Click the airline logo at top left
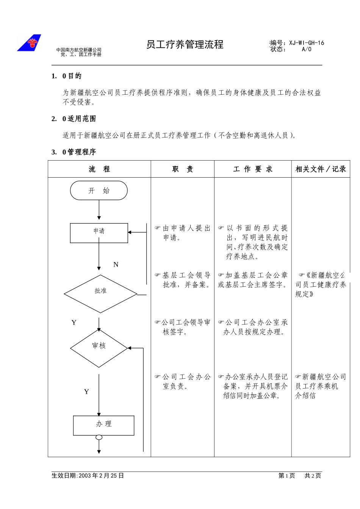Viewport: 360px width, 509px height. pyautogui.click(x=29, y=43)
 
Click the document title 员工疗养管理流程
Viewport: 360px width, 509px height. pyautogui.click(x=185, y=45)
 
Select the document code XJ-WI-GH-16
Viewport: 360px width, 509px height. pyautogui.click(x=307, y=43)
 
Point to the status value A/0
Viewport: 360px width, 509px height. pyautogui.click(x=307, y=49)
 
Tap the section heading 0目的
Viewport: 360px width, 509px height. pyautogui.click(x=72, y=76)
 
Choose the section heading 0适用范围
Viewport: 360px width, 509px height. pyautogui.click(x=79, y=119)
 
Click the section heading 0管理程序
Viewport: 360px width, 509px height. pyautogui.click(x=79, y=152)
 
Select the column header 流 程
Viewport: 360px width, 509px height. pyautogui.click(x=99, y=169)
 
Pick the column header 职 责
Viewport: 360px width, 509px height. pyautogui.click(x=183, y=169)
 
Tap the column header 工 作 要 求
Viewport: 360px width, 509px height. pyautogui.click(x=253, y=169)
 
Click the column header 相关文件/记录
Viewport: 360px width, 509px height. pyautogui.click(x=321, y=169)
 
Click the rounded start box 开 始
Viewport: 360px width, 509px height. pyautogui.click(x=99, y=190)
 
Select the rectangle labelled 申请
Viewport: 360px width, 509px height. pyautogui.click(x=99, y=233)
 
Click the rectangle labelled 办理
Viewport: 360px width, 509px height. pyautogui.click(x=103, y=425)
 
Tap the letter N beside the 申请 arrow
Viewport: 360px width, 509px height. pyautogui.click(x=116, y=265)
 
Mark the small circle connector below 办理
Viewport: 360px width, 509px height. pyautogui.click(x=99, y=437)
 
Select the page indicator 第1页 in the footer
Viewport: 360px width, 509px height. pyautogui.click(x=286, y=476)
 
